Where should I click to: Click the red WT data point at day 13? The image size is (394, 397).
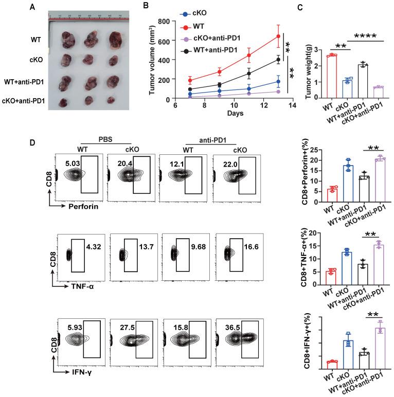(278, 36)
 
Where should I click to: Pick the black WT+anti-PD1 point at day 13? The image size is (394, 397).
(278, 60)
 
